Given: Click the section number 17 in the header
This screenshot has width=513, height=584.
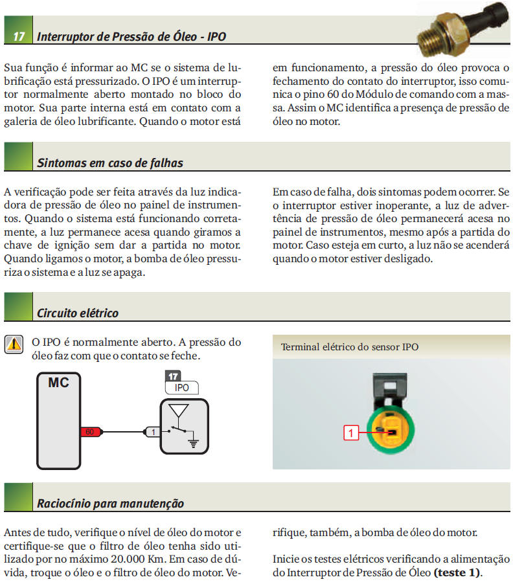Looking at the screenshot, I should click(x=19, y=36).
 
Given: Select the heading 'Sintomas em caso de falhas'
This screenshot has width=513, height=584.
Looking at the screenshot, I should click(x=110, y=163).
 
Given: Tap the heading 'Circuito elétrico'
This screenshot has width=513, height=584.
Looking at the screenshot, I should click(x=78, y=313).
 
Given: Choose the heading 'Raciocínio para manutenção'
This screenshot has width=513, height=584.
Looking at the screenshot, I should click(x=110, y=503).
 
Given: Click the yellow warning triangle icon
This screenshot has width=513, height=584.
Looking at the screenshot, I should click(x=13, y=344).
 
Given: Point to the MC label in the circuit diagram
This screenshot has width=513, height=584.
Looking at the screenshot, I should click(x=58, y=383).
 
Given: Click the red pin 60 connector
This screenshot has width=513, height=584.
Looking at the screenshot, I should click(x=89, y=431).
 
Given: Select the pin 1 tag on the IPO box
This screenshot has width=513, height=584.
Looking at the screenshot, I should click(x=151, y=431).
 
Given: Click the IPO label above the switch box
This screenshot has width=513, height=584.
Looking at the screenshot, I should click(x=182, y=388).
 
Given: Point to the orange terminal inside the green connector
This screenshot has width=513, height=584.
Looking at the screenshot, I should click(x=390, y=428).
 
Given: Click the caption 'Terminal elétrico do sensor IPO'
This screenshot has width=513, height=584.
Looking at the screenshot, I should click(x=349, y=347).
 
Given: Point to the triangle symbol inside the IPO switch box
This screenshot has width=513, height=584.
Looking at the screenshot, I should click(x=179, y=411).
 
